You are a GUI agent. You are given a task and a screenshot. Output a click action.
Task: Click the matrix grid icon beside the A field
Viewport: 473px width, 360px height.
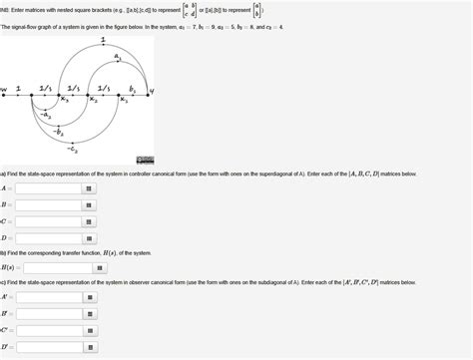tap(89, 187)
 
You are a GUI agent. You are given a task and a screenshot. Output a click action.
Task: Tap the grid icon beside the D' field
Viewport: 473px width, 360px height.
tap(89, 346)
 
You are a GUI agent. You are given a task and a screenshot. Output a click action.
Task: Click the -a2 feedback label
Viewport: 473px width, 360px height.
tap(46, 115)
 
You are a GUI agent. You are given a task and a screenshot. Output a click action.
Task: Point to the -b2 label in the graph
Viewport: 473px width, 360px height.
tap(59, 131)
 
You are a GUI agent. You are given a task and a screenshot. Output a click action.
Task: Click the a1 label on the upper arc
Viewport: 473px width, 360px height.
tap(119, 58)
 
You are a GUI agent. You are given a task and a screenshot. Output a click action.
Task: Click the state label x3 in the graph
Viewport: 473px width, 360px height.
tap(64, 99)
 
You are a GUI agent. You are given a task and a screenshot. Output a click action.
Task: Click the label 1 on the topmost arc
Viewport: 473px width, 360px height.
tap(104, 40)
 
